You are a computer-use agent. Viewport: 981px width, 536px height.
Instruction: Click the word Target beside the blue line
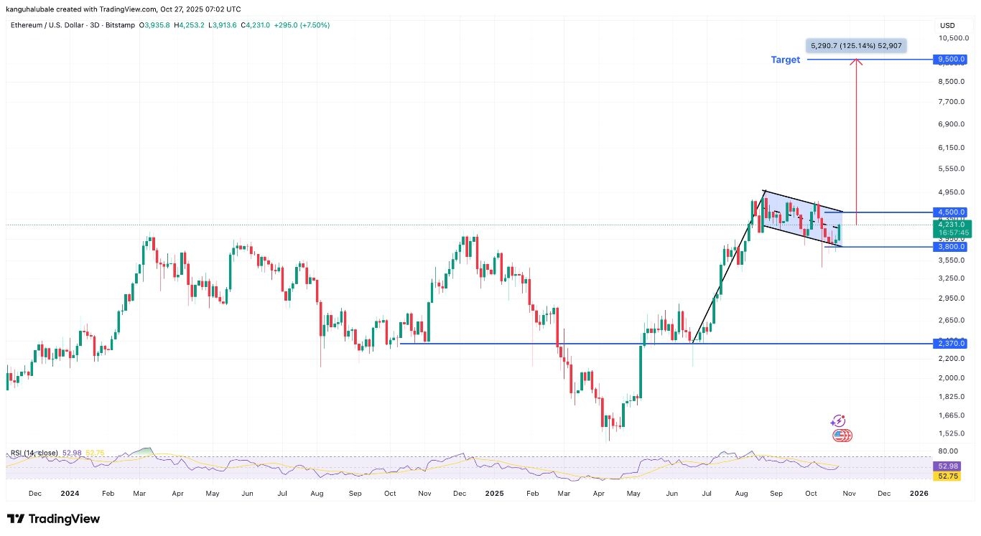(x=785, y=60)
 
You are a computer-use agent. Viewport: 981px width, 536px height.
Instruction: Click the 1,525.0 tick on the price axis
(x=951, y=433)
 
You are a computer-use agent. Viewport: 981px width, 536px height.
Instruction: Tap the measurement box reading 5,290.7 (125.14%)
(x=857, y=46)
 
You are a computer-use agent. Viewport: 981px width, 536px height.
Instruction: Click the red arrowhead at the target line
(x=856, y=62)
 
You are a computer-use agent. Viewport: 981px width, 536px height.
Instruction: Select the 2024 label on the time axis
(x=70, y=494)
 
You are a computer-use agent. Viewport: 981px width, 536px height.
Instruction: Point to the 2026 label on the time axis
(x=919, y=494)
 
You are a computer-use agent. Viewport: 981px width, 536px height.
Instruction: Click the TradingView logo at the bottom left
(x=54, y=519)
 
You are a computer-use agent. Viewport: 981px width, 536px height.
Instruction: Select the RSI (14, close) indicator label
(x=34, y=453)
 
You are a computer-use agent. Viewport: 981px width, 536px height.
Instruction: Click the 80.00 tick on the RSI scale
(x=949, y=451)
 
